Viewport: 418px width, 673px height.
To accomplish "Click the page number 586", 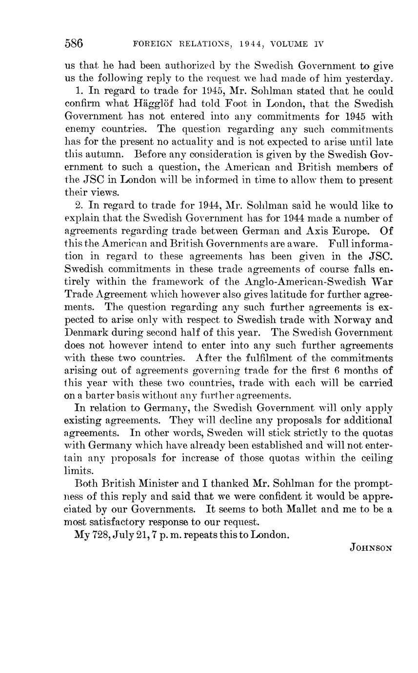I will coord(74,44).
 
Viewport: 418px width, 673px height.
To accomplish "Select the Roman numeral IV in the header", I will coord(319,44).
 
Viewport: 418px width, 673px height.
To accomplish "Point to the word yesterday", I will coord(369,79).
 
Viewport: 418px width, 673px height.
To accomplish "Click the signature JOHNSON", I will coord(371,548).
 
